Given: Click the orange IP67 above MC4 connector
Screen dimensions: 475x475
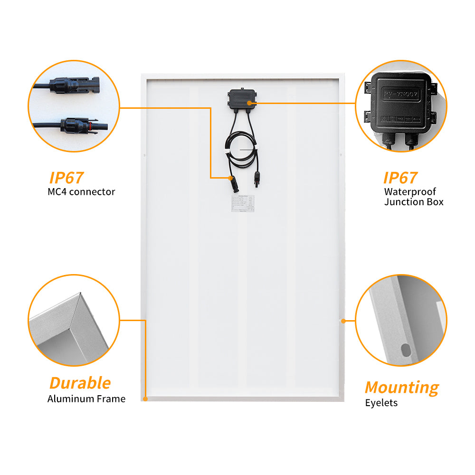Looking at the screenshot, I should click(x=66, y=178).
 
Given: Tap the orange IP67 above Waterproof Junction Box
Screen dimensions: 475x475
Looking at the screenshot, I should click(x=400, y=178).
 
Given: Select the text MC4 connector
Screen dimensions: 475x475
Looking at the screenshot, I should click(x=81, y=192).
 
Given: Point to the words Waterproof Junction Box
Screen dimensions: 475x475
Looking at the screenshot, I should click(x=414, y=197).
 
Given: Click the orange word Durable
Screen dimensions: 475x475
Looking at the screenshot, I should click(x=80, y=383).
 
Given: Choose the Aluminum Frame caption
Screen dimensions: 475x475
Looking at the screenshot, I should click(x=86, y=399).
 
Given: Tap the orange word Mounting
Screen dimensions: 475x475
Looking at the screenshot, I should click(x=402, y=388).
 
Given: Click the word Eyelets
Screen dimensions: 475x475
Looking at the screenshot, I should click(x=381, y=403).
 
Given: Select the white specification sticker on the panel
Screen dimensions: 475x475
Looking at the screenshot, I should click(x=243, y=204).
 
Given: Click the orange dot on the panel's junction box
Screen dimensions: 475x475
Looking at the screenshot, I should click(x=250, y=103).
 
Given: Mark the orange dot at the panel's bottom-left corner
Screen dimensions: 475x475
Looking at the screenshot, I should click(x=145, y=399).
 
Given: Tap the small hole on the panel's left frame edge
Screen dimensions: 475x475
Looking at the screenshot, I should click(x=143, y=155).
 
